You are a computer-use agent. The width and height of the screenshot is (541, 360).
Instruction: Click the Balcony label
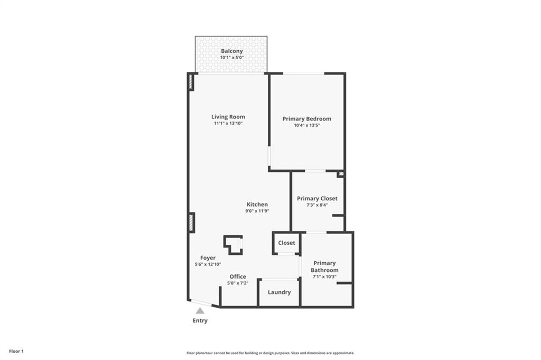(232, 51)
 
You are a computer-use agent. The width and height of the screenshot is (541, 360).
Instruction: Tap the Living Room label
(228, 117)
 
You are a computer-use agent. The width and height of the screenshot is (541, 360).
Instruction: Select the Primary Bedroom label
(307, 119)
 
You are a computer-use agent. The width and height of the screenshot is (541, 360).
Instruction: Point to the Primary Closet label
(317, 199)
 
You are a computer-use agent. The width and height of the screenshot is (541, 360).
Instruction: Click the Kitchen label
(257, 205)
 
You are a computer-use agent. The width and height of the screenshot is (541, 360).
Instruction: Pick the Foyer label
(208, 258)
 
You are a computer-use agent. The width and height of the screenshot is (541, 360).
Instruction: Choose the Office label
(238, 276)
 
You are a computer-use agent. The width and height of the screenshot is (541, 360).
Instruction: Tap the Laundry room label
(279, 292)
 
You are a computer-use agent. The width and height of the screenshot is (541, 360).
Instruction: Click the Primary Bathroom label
(324, 266)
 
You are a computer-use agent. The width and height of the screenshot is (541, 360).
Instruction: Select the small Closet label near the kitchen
(287, 243)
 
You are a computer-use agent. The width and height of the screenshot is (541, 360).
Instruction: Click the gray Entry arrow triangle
(200, 311)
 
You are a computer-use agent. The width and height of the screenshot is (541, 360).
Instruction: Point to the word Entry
(200, 321)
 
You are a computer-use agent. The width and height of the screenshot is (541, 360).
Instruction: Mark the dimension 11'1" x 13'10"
(228, 123)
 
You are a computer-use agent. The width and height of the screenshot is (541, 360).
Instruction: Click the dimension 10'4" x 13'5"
(307, 125)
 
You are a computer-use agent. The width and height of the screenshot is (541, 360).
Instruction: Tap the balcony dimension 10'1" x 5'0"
(232, 57)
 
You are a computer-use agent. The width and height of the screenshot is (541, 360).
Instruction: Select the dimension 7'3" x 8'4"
(317, 205)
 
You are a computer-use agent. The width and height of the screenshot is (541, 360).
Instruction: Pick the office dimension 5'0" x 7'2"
(238, 283)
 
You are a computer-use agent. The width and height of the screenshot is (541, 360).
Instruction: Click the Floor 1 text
(16, 351)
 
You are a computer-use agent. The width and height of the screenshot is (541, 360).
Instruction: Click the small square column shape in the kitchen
(233, 245)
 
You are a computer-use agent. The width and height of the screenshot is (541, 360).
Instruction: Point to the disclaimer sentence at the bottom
(270, 353)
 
